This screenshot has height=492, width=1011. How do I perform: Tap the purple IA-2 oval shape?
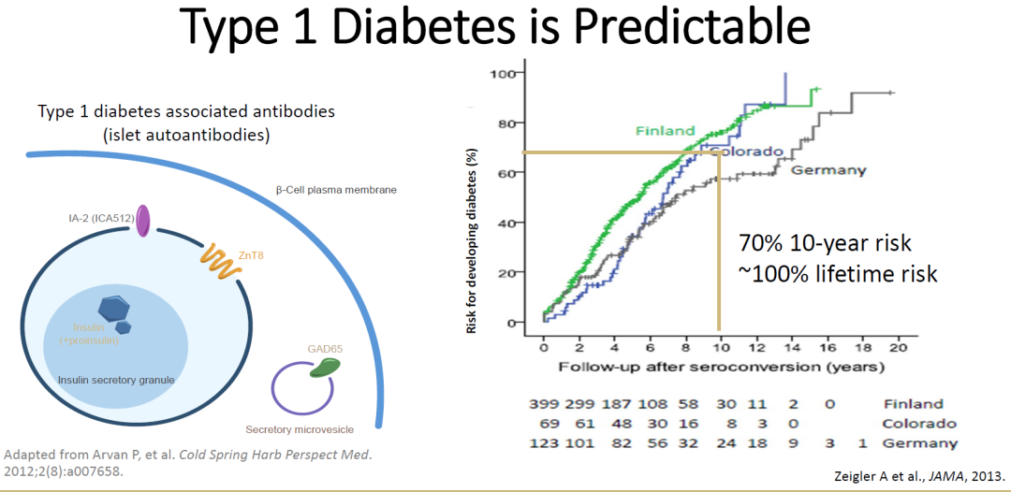point(143,221)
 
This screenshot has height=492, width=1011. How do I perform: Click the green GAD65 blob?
point(325,366)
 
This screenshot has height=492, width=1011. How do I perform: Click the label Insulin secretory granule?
point(116,380)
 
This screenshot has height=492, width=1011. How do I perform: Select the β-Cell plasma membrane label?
point(336,190)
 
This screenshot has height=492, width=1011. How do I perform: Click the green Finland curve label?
point(666,131)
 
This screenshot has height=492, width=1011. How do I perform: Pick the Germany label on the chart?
point(828,170)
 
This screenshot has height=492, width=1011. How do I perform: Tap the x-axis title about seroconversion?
point(721,367)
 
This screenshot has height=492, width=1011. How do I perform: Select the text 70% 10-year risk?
point(825,243)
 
